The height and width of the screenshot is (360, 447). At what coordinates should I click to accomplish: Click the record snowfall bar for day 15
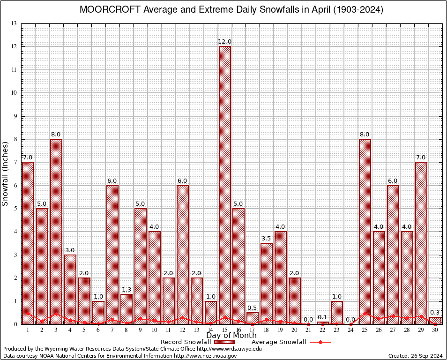coord(225,185)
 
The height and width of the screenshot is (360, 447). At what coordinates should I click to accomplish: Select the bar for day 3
coord(56,232)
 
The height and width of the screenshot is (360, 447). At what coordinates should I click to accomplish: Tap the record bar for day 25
coord(365,232)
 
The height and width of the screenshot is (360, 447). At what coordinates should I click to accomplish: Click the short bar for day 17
coord(253,318)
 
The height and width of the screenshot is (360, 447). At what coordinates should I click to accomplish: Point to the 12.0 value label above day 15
coord(225,42)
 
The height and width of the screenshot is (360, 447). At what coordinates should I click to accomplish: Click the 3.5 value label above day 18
coord(267,239)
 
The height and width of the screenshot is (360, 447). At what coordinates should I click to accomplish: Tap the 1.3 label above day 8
coord(127,290)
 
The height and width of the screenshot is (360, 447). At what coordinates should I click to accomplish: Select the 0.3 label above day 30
coord(435,313)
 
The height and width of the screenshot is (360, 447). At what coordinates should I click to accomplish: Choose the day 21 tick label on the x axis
coord(308,330)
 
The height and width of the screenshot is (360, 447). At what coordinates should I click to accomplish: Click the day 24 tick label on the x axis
coord(350,330)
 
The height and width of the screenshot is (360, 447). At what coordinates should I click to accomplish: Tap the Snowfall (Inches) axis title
coord(6,174)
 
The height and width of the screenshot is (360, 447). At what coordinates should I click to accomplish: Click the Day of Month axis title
coord(231,336)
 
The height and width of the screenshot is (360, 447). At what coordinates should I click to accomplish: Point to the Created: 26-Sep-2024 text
coord(416,356)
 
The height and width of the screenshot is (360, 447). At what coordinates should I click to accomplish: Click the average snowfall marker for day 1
coord(28,313)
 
